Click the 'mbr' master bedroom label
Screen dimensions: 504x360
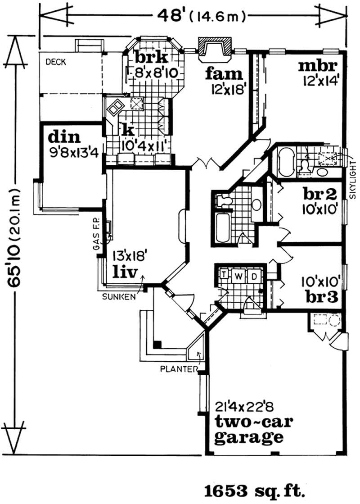(318, 67)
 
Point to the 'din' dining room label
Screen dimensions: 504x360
(64, 136)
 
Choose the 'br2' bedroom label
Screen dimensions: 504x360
(319, 195)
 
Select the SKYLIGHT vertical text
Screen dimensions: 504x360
(352, 180)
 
